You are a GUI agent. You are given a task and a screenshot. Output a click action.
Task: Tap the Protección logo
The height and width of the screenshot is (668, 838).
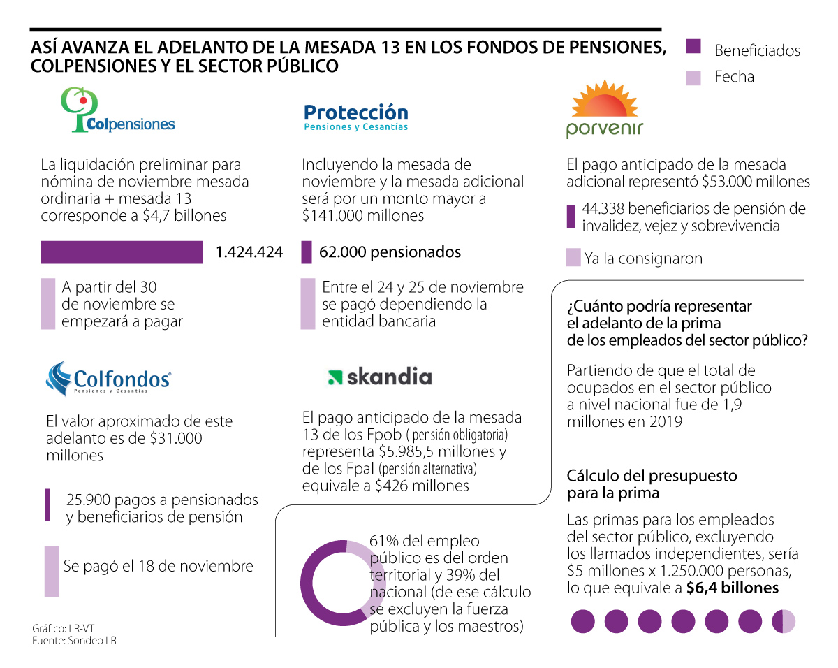[x=356, y=117]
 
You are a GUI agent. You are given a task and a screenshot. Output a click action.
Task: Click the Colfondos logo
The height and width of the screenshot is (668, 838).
[x=108, y=378]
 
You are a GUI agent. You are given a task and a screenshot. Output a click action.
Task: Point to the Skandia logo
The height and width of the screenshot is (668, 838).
[x=380, y=377]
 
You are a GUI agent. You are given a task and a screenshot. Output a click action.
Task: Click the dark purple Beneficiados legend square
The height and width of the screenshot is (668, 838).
[x=693, y=48]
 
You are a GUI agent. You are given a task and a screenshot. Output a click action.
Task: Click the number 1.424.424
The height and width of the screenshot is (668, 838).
[x=249, y=252]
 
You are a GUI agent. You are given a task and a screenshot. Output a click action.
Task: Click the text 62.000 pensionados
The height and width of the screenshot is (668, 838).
[x=390, y=252]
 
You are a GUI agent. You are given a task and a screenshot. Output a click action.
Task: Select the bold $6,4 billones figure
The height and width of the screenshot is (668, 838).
[x=733, y=588]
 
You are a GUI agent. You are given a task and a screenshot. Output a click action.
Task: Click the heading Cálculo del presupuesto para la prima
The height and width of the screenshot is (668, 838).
[x=652, y=484]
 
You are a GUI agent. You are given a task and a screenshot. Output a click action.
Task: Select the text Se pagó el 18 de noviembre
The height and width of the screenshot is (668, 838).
[x=158, y=565]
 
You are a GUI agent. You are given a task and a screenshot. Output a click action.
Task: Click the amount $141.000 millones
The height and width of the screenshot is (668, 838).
[x=362, y=215]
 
